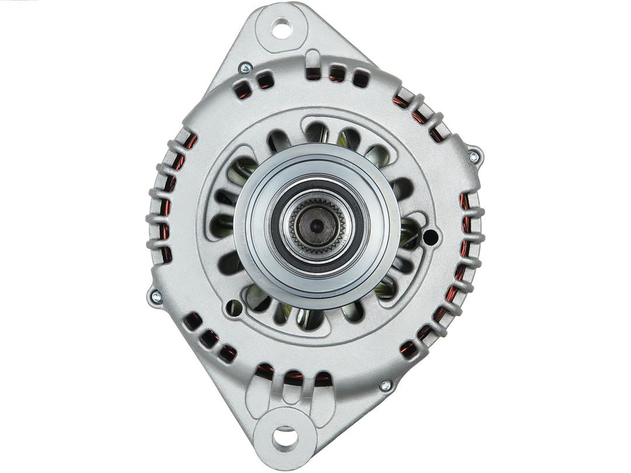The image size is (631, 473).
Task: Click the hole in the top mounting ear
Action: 282,28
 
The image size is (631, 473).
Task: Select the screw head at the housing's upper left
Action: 245,68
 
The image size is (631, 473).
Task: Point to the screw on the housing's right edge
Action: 474,156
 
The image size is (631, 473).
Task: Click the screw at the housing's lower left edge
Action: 155,297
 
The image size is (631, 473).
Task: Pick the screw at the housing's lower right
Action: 385,385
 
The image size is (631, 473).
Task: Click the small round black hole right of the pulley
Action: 429,237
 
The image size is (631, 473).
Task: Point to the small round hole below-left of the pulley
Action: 234,307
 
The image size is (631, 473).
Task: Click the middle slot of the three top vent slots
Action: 337,74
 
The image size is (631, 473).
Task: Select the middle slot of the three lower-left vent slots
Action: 209,338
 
